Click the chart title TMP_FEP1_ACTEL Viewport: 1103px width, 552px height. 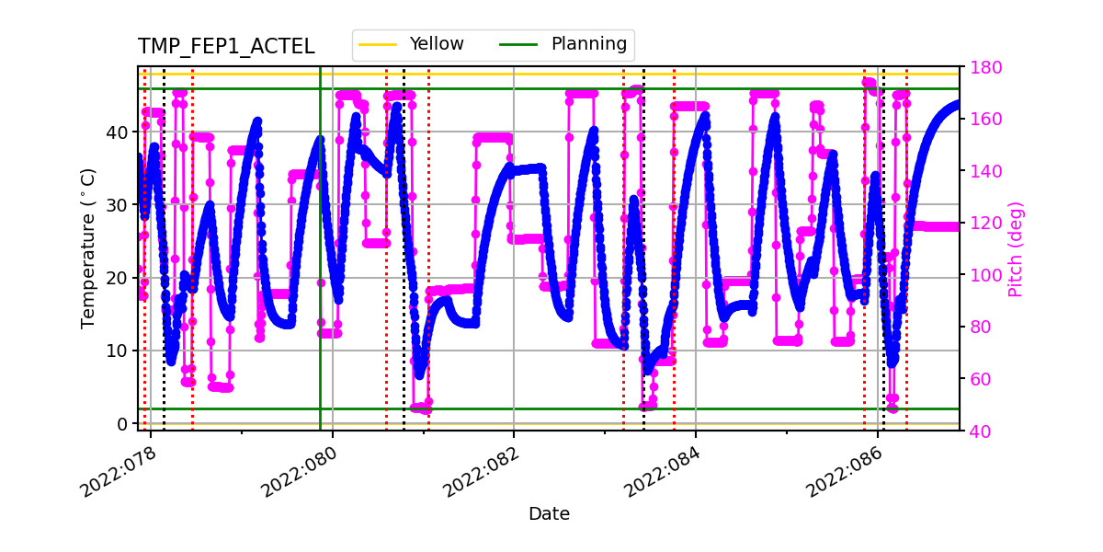226,47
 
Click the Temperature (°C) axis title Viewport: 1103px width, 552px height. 88,247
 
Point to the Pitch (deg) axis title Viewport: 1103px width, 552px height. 1015,248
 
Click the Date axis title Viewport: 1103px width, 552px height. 549,514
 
